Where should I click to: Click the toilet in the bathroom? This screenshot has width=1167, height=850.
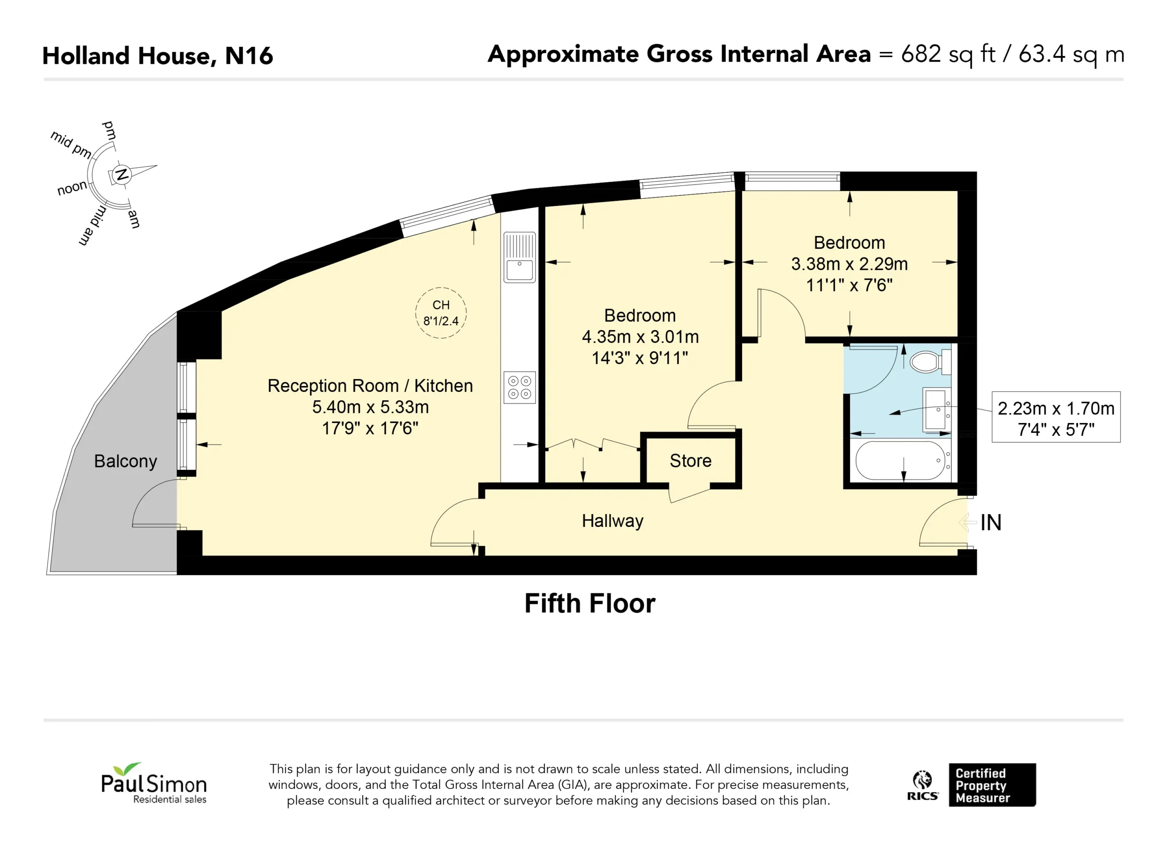point(930,361)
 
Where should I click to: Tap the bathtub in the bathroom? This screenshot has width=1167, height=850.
point(900,460)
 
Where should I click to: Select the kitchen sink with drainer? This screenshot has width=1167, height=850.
point(520,257)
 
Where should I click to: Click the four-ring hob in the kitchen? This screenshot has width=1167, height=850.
point(520,387)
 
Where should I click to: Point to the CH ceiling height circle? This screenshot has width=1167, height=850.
point(441,313)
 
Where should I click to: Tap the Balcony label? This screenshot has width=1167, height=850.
point(125,462)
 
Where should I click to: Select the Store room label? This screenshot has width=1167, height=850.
point(691,460)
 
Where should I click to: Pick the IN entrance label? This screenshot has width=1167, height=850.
point(991,523)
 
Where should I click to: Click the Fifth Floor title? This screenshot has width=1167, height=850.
point(590,603)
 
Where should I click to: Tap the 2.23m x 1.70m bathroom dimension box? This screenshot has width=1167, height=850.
point(1056,417)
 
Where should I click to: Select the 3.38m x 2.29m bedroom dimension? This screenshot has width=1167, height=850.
point(850,264)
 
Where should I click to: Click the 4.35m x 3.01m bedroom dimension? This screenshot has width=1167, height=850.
point(640,337)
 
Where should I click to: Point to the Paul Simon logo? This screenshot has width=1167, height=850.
point(154,783)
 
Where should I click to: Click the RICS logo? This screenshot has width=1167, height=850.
point(923,786)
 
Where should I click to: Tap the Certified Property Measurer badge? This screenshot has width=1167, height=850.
point(992,785)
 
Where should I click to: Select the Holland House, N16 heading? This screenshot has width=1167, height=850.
point(157,56)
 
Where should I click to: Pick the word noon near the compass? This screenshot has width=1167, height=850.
point(72,188)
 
